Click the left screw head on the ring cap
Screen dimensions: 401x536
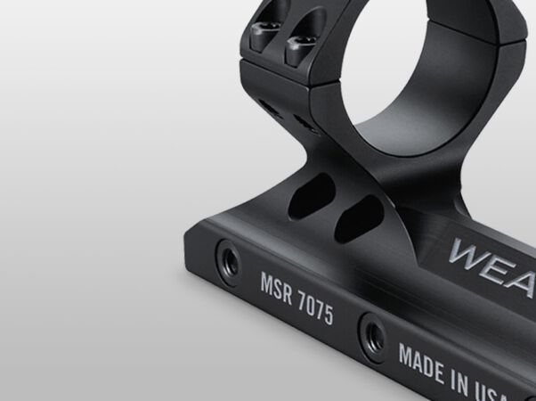pyautogui.click(x=268, y=38)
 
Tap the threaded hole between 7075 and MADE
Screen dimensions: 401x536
pyautogui.click(x=368, y=334)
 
